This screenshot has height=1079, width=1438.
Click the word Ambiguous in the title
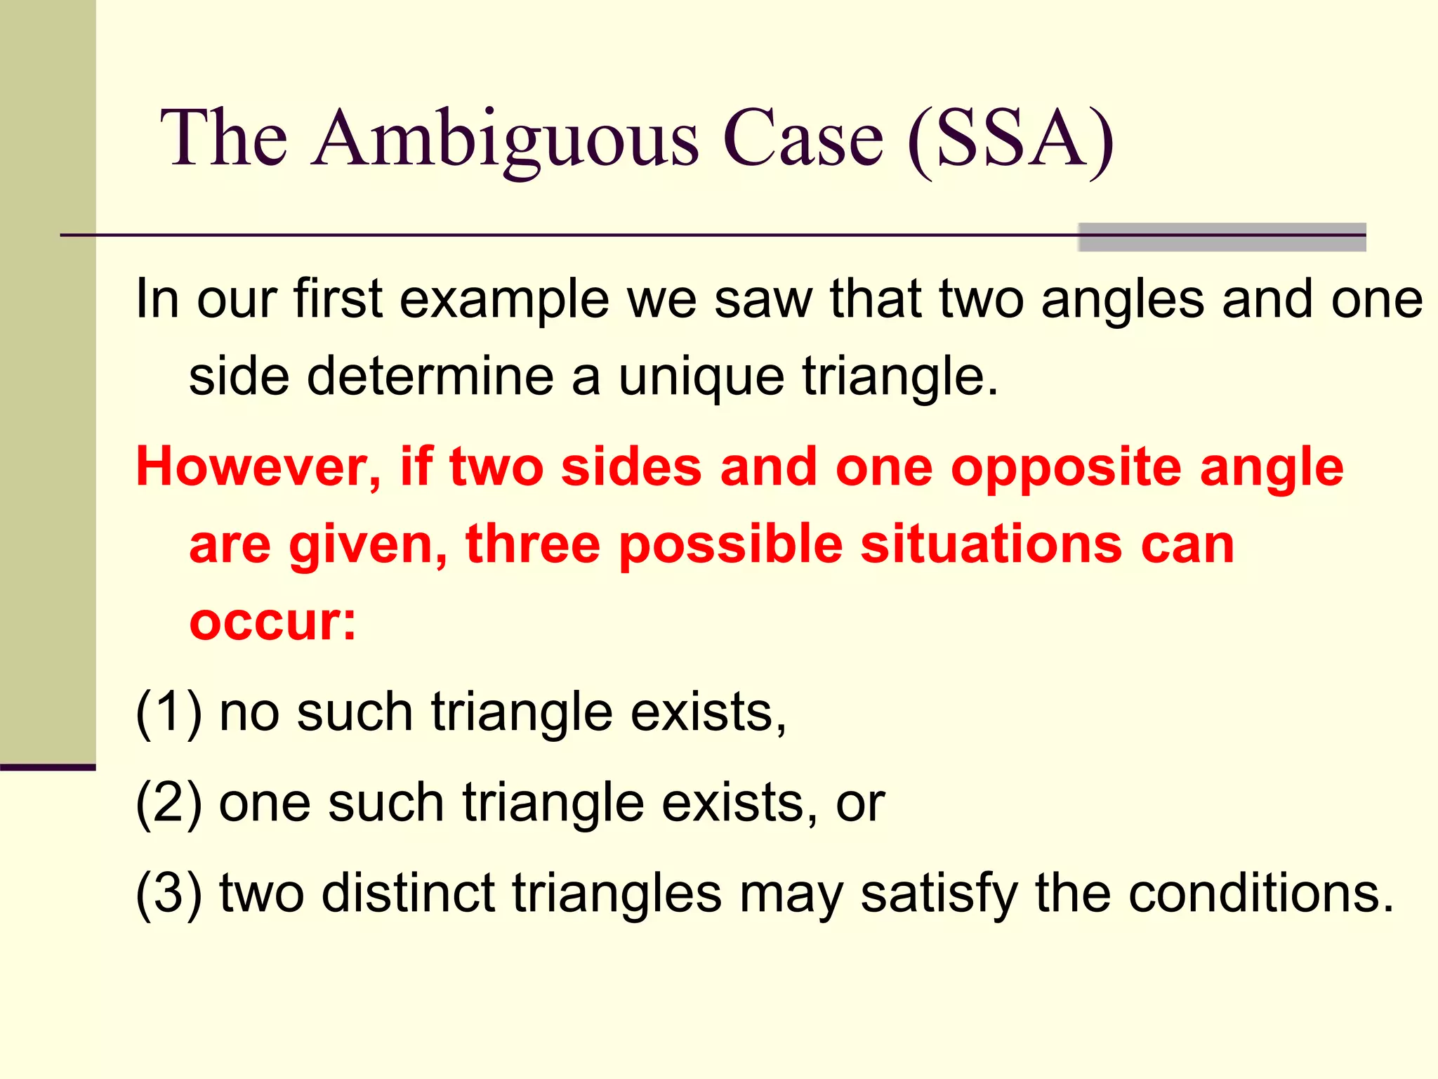point(506,138)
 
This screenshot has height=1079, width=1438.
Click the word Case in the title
point(803,138)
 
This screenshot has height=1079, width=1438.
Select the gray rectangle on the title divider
point(1222,237)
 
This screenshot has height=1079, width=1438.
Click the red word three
point(532,544)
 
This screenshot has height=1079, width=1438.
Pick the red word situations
point(991,544)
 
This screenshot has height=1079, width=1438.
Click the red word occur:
point(272,622)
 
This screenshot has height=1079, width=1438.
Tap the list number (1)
point(169,713)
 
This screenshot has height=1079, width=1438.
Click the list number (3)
point(169,894)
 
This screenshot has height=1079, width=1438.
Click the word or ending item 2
point(860,804)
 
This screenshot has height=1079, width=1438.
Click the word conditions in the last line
point(1251,894)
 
